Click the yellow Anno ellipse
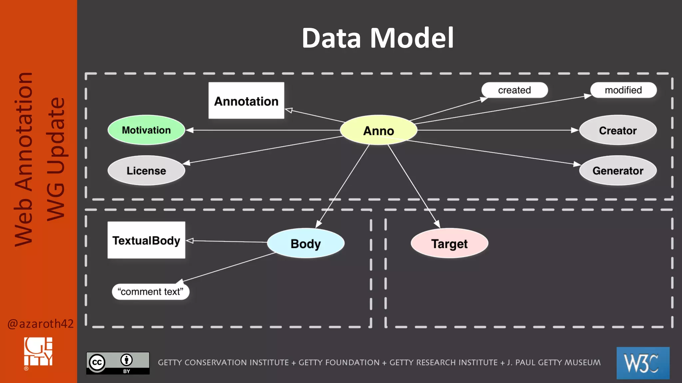pos(378,130)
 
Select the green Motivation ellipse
pos(146,130)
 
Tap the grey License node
pos(146,171)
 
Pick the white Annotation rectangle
pos(246,101)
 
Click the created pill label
pos(514,90)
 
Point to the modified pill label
pos(623,90)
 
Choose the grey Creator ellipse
pos(618,130)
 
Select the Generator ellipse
pos(618,171)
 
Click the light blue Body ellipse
pos(305,243)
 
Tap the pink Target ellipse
pos(449,243)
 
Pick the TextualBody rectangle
pos(146,240)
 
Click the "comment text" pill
pos(151,292)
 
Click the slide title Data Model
pos(377,38)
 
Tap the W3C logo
pos(643,363)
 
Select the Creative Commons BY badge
pos(118,363)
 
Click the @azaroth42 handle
pos(40,323)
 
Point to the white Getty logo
pos(38,352)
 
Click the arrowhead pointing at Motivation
pos(189,130)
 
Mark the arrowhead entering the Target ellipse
pos(437,224)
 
